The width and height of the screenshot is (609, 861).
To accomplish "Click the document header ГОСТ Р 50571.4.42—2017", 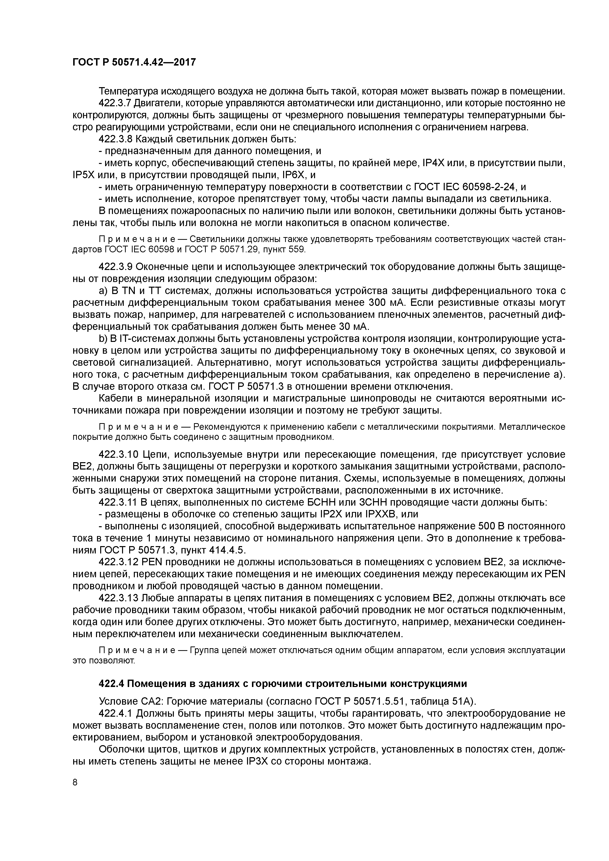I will pyautogui.click(x=134, y=62).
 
